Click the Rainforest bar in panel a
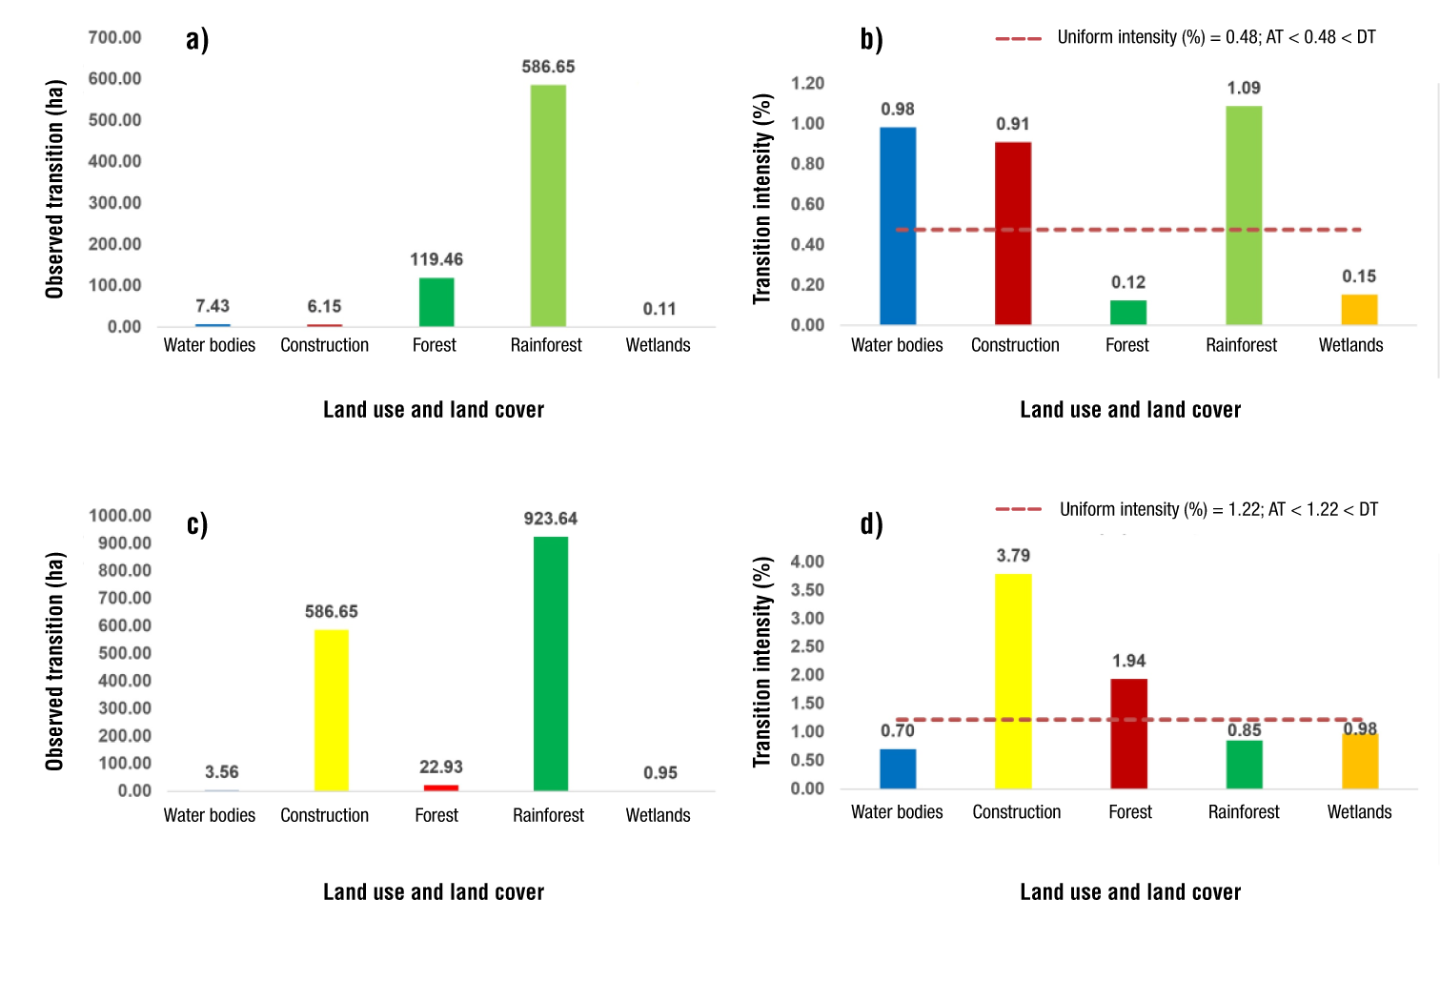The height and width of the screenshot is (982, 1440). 548,206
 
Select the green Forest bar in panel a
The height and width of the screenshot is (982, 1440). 436,302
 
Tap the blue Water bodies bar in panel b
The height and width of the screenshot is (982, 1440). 898,226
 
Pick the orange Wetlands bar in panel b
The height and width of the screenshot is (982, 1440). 1359,310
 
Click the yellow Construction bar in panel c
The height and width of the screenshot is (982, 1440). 332,710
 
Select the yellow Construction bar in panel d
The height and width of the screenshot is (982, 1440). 1013,681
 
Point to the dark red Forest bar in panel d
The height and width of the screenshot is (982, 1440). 1128,734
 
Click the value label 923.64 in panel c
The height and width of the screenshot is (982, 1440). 551,519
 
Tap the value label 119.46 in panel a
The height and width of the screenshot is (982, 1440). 436,259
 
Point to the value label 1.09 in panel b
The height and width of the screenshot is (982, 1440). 1244,88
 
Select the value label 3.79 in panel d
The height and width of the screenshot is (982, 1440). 1013,556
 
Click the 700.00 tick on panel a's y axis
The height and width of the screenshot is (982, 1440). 114,37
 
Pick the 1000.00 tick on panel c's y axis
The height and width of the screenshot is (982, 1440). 120,516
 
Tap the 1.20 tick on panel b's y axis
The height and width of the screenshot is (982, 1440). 807,83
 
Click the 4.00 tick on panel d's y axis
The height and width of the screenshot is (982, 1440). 807,562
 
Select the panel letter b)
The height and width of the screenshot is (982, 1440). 871,39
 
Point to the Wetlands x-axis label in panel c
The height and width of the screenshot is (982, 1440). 658,815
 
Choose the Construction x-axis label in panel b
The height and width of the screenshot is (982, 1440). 1015,345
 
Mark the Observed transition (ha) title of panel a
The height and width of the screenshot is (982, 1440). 54,189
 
